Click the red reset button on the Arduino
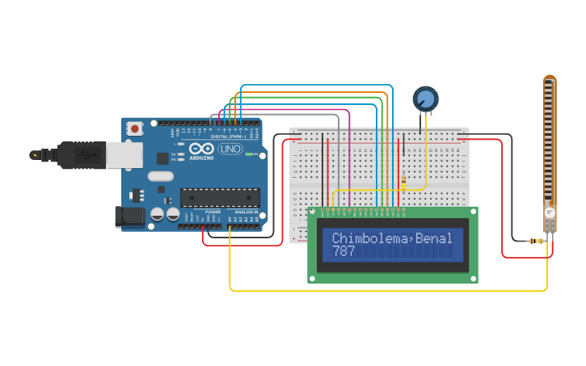point(135,128)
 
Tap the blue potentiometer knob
point(425,99)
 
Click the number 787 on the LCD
point(344,251)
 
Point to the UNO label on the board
point(230,149)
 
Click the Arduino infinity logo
point(200,149)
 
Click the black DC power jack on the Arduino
point(129,216)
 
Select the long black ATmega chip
point(220,198)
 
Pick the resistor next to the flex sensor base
point(534,241)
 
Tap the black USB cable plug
point(82,154)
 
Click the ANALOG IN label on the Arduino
point(246,212)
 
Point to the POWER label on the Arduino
point(213,212)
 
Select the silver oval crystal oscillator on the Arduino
point(161,176)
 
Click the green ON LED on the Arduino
point(254,154)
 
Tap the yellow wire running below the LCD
point(388,290)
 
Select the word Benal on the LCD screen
point(436,238)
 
